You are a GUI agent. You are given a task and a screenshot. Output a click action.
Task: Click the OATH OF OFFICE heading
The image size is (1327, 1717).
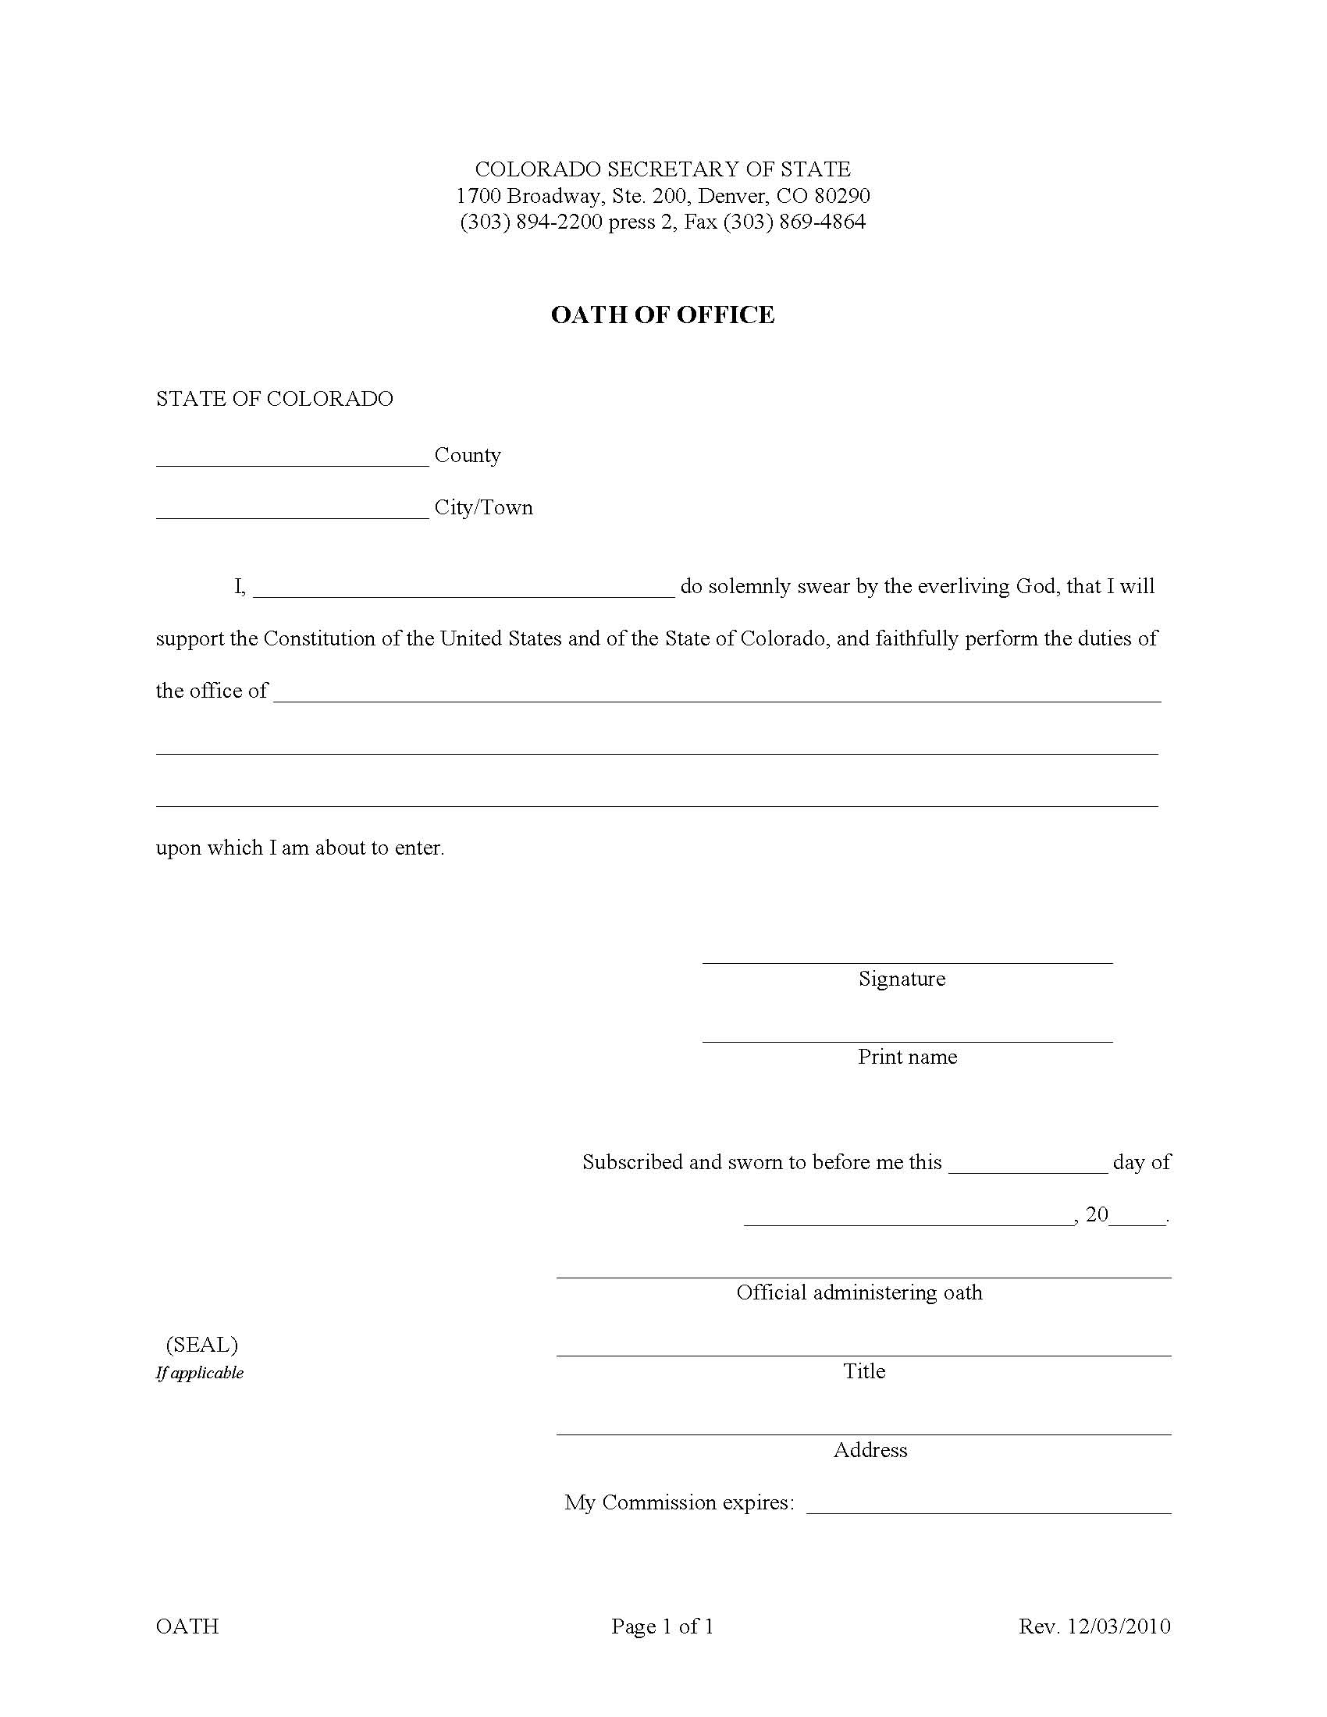click(662, 315)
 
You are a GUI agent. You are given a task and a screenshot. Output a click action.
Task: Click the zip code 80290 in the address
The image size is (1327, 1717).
click(842, 196)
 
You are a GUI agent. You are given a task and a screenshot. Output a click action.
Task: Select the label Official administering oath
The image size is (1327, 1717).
click(859, 1293)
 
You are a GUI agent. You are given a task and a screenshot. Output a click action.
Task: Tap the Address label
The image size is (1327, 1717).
click(870, 1451)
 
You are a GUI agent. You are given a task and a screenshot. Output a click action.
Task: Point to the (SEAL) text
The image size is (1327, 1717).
click(201, 1346)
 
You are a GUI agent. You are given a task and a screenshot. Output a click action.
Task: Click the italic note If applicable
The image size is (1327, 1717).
click(200, 1373)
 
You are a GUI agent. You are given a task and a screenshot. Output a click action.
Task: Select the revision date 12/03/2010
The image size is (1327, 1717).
click(1119, 1626)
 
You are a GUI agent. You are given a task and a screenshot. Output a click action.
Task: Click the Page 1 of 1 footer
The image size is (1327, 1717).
click(662, 1626)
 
